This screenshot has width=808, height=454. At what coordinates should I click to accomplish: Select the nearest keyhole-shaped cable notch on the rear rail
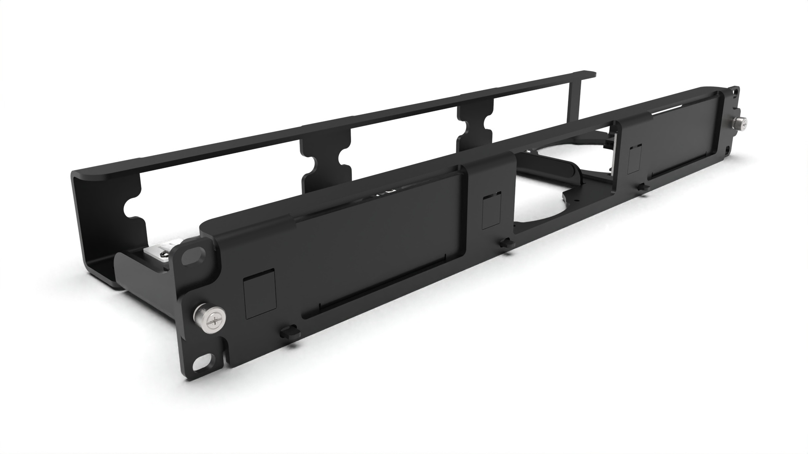(134, 209)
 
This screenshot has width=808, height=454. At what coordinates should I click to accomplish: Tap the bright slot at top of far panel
(673, 110)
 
